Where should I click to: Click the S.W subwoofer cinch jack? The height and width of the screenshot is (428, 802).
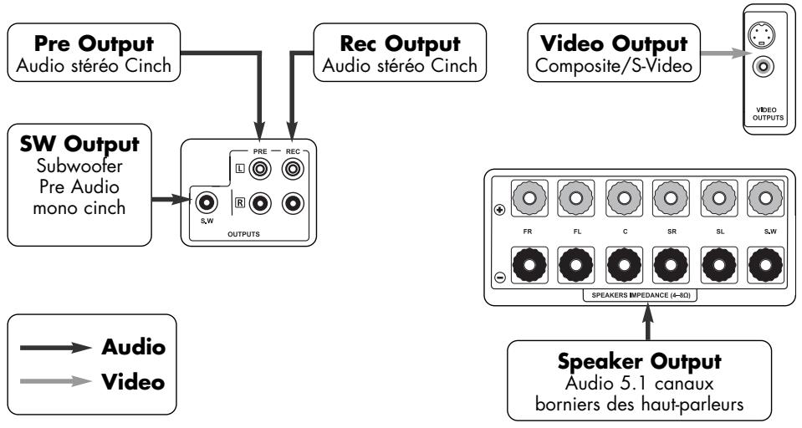(x=206, y=202)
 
